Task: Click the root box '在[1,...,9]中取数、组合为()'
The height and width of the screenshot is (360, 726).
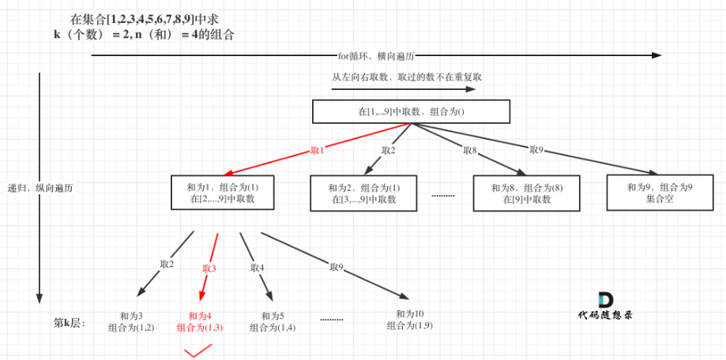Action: click(411, 111)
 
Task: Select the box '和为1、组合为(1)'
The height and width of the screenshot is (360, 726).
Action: click(222, 193)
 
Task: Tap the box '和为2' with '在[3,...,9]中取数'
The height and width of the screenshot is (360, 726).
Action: click(364, 193)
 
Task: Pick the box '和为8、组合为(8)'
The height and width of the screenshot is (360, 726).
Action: click(526, 193)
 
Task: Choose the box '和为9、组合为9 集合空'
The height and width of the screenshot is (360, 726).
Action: click(658, 193)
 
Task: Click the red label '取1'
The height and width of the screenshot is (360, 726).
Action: click(318, 150)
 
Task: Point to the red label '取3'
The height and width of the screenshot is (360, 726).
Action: click(209, 268)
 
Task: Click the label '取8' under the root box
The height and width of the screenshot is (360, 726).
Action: click(470, 150)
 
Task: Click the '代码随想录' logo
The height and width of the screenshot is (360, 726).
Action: click(605, 306)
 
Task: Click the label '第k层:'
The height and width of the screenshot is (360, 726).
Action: click(69, 322)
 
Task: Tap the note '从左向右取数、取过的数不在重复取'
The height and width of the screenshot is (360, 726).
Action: click(407, 77)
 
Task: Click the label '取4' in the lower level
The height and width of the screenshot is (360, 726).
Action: click(257, 268)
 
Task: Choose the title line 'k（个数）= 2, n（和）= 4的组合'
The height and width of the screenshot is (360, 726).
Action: click(144, 35)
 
